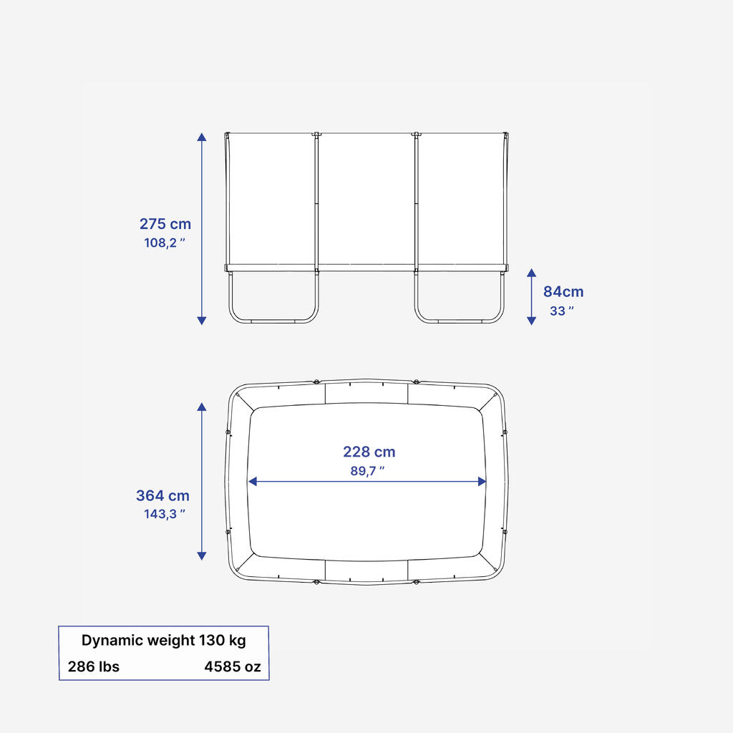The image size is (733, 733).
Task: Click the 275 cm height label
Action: [165, 224]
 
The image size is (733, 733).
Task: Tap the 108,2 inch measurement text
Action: [165, 243]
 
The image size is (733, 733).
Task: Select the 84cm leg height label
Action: [563, 292]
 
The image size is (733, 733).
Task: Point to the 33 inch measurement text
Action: [562, 311]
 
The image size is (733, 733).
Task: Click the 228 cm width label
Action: [369, 452]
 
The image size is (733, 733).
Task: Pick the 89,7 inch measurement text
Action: [367, 471]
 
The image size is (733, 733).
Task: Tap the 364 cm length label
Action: [162, 495]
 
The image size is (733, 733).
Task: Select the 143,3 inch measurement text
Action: [165, 514]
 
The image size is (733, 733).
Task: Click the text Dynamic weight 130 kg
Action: [164, 640]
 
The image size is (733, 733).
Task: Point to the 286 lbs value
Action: [94, 666]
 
